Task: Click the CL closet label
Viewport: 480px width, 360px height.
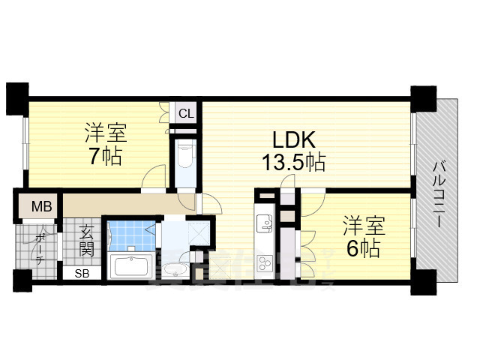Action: (x=187, y=114)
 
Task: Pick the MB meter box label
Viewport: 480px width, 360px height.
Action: (x=40, y=205)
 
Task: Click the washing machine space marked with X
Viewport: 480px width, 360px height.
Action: (x=199, y=232)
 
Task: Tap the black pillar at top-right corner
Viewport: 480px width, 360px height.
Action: (x=422, y=97)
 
